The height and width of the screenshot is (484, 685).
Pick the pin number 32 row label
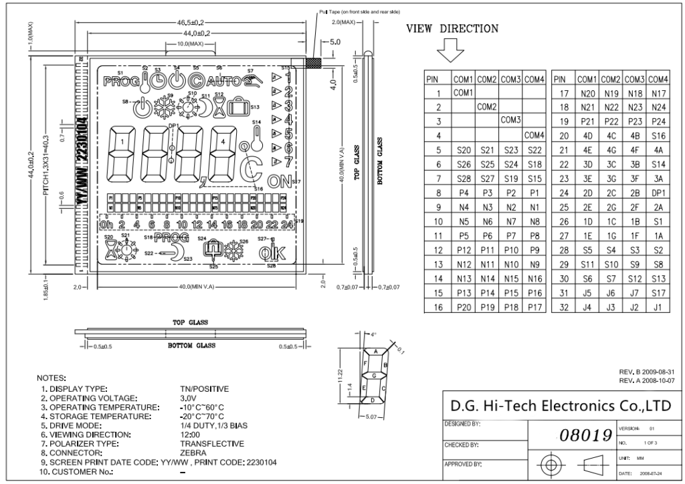(563, 307)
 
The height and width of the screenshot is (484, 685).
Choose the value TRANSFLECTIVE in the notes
(212, 443)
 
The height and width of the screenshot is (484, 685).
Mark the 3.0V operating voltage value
(188, 396)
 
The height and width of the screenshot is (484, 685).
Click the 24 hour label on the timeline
(287, 225)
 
